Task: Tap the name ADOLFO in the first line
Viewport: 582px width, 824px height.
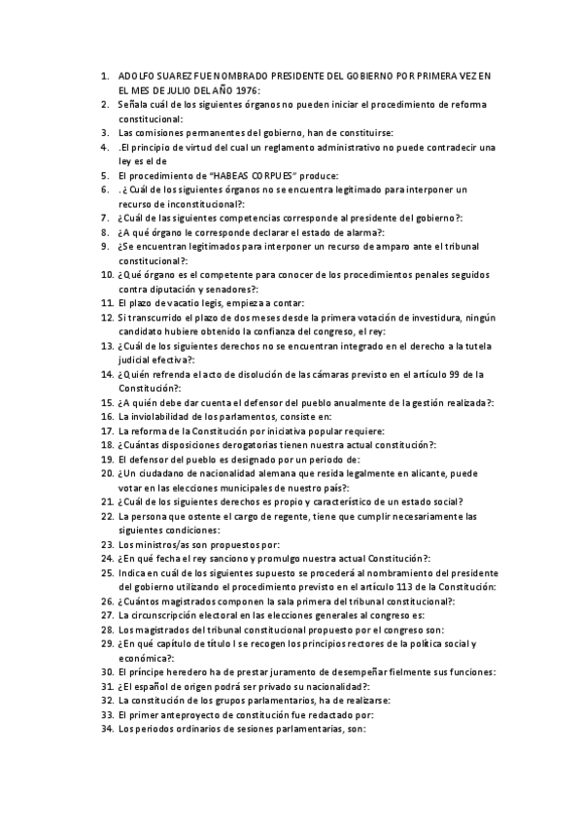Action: coord(136,75)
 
